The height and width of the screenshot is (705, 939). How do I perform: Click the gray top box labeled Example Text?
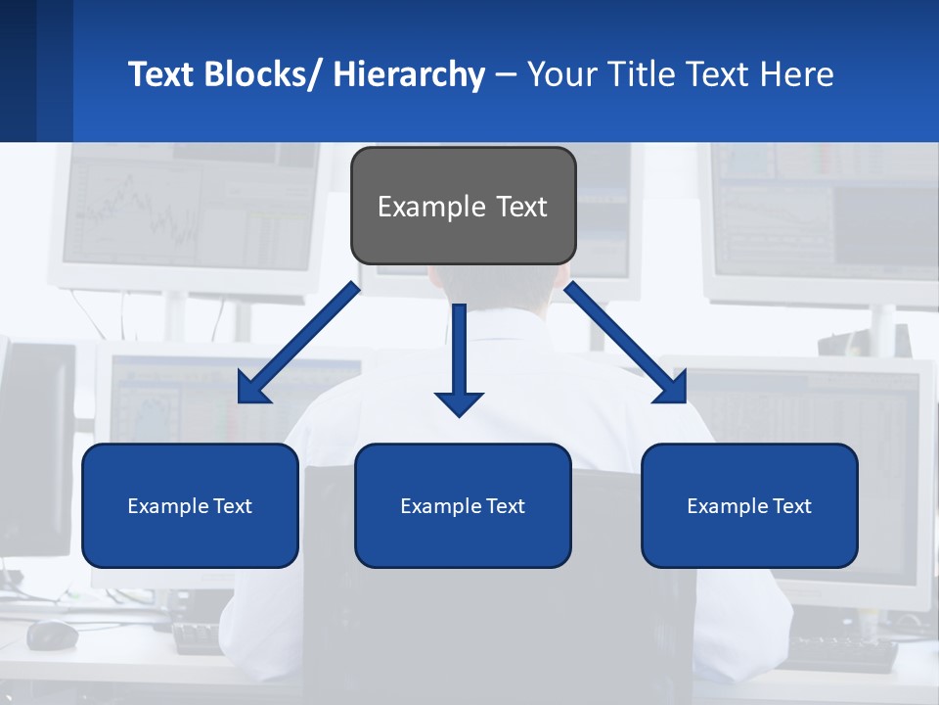pyautogui.click(x=463, y=206)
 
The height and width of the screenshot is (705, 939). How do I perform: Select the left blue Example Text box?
pyautogui.click(x=190, y=505)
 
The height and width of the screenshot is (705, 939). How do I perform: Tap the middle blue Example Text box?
pyautogui.click(x=463, y=505)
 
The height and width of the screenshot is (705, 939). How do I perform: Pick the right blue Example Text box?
pyautogui.click(x=749, y=505)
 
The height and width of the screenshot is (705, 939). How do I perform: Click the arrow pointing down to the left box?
pyautogui.click(x=299, y=343)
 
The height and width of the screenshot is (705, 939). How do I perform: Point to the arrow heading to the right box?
pyautogui.click(x=625, y=343)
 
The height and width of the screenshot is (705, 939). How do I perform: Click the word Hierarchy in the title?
pyautogui.click(x=409, y=74)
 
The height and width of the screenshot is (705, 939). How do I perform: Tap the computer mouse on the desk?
pyautogui.click(x=52, y=635)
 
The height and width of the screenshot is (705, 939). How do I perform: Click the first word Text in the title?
pyautogui.click(x=161, y=74)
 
